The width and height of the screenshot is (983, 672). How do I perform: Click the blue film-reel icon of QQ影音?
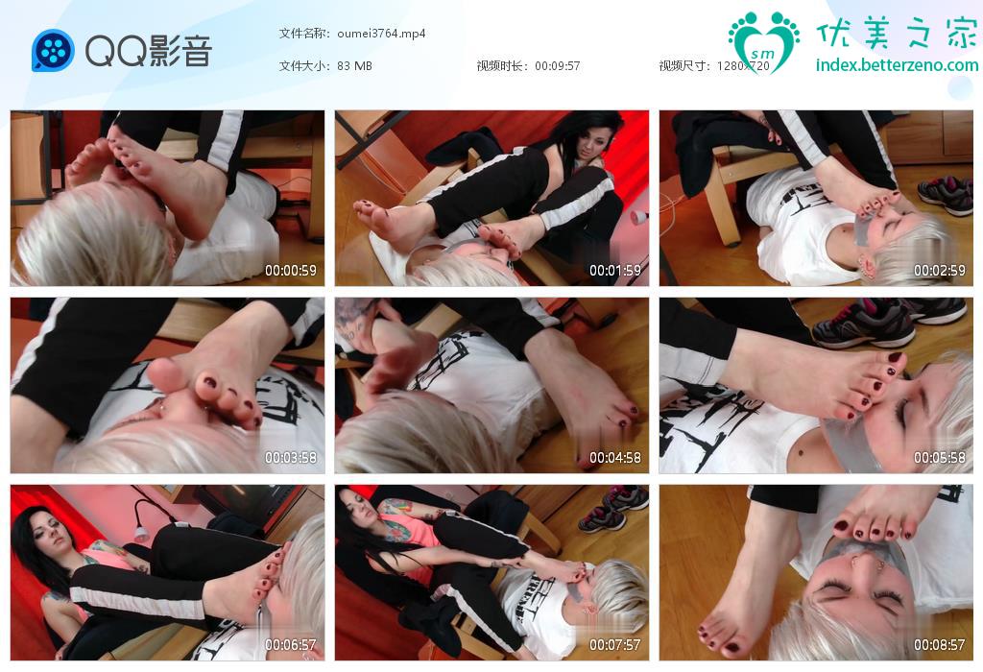53,50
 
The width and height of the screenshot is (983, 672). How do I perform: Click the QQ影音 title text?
149,51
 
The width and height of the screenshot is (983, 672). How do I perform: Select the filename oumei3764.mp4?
381,34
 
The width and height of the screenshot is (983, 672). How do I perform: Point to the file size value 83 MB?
354,66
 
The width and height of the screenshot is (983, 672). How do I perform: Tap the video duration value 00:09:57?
558,66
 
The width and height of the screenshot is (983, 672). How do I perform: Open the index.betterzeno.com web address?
897,65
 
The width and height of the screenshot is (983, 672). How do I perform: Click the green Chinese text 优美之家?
897,33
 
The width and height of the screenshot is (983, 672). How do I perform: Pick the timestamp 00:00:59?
290,271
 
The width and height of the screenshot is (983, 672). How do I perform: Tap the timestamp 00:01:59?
615,271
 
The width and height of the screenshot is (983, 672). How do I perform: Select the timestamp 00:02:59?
939,271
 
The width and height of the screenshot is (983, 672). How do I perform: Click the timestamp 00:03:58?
290,458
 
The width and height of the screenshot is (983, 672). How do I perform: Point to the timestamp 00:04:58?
615,458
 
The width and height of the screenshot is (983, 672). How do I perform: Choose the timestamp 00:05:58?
939,458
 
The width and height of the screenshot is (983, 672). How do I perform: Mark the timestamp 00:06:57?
290,644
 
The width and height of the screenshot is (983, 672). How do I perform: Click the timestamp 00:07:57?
615,644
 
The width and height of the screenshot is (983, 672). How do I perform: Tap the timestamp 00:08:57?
939,644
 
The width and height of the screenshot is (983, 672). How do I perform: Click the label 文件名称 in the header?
303,34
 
